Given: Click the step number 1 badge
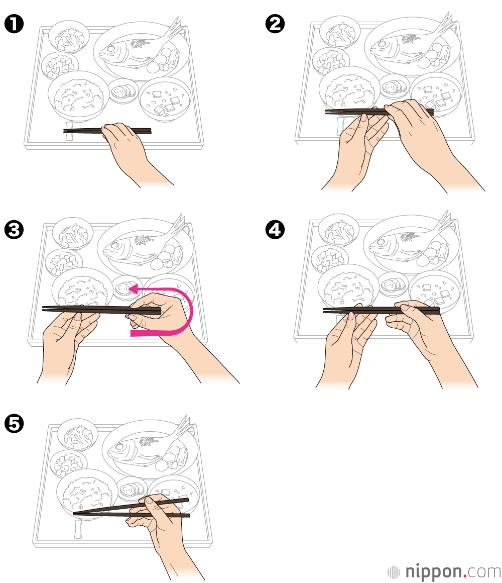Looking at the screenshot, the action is click(x=14, y=24).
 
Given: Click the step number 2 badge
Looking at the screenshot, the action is click(x=275, y=24).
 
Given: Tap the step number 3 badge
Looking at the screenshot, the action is click(x=14, y=229).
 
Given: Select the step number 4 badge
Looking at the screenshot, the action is click(x=275, y=229).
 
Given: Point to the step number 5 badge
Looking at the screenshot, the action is click(x=14, y=424).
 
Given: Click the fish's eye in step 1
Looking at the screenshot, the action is click(x=110, y=49).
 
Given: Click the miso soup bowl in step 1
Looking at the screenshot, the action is click(x=165, y=99).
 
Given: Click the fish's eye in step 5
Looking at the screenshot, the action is click(x=119, y=446).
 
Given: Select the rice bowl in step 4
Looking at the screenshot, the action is click(x=348, y=288).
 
